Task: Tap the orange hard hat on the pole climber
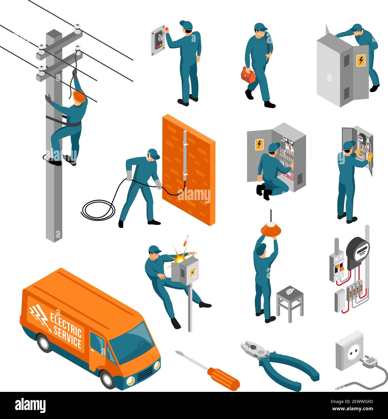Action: click(x=79, y=96)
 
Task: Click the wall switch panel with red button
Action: click(x=158, y=40)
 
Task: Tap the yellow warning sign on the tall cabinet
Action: click(x=361, y=60)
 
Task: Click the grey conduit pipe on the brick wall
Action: click(x=185, y=156)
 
